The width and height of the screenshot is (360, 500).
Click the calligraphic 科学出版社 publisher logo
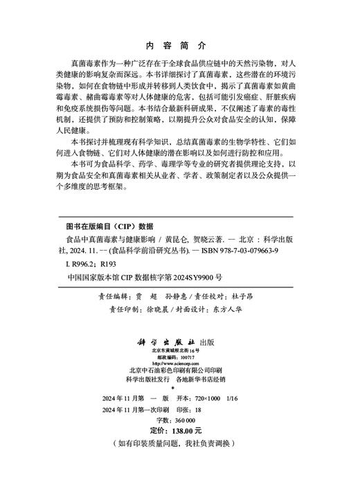coord(170,341)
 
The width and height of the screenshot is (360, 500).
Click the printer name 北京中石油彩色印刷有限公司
coord(179,370)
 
